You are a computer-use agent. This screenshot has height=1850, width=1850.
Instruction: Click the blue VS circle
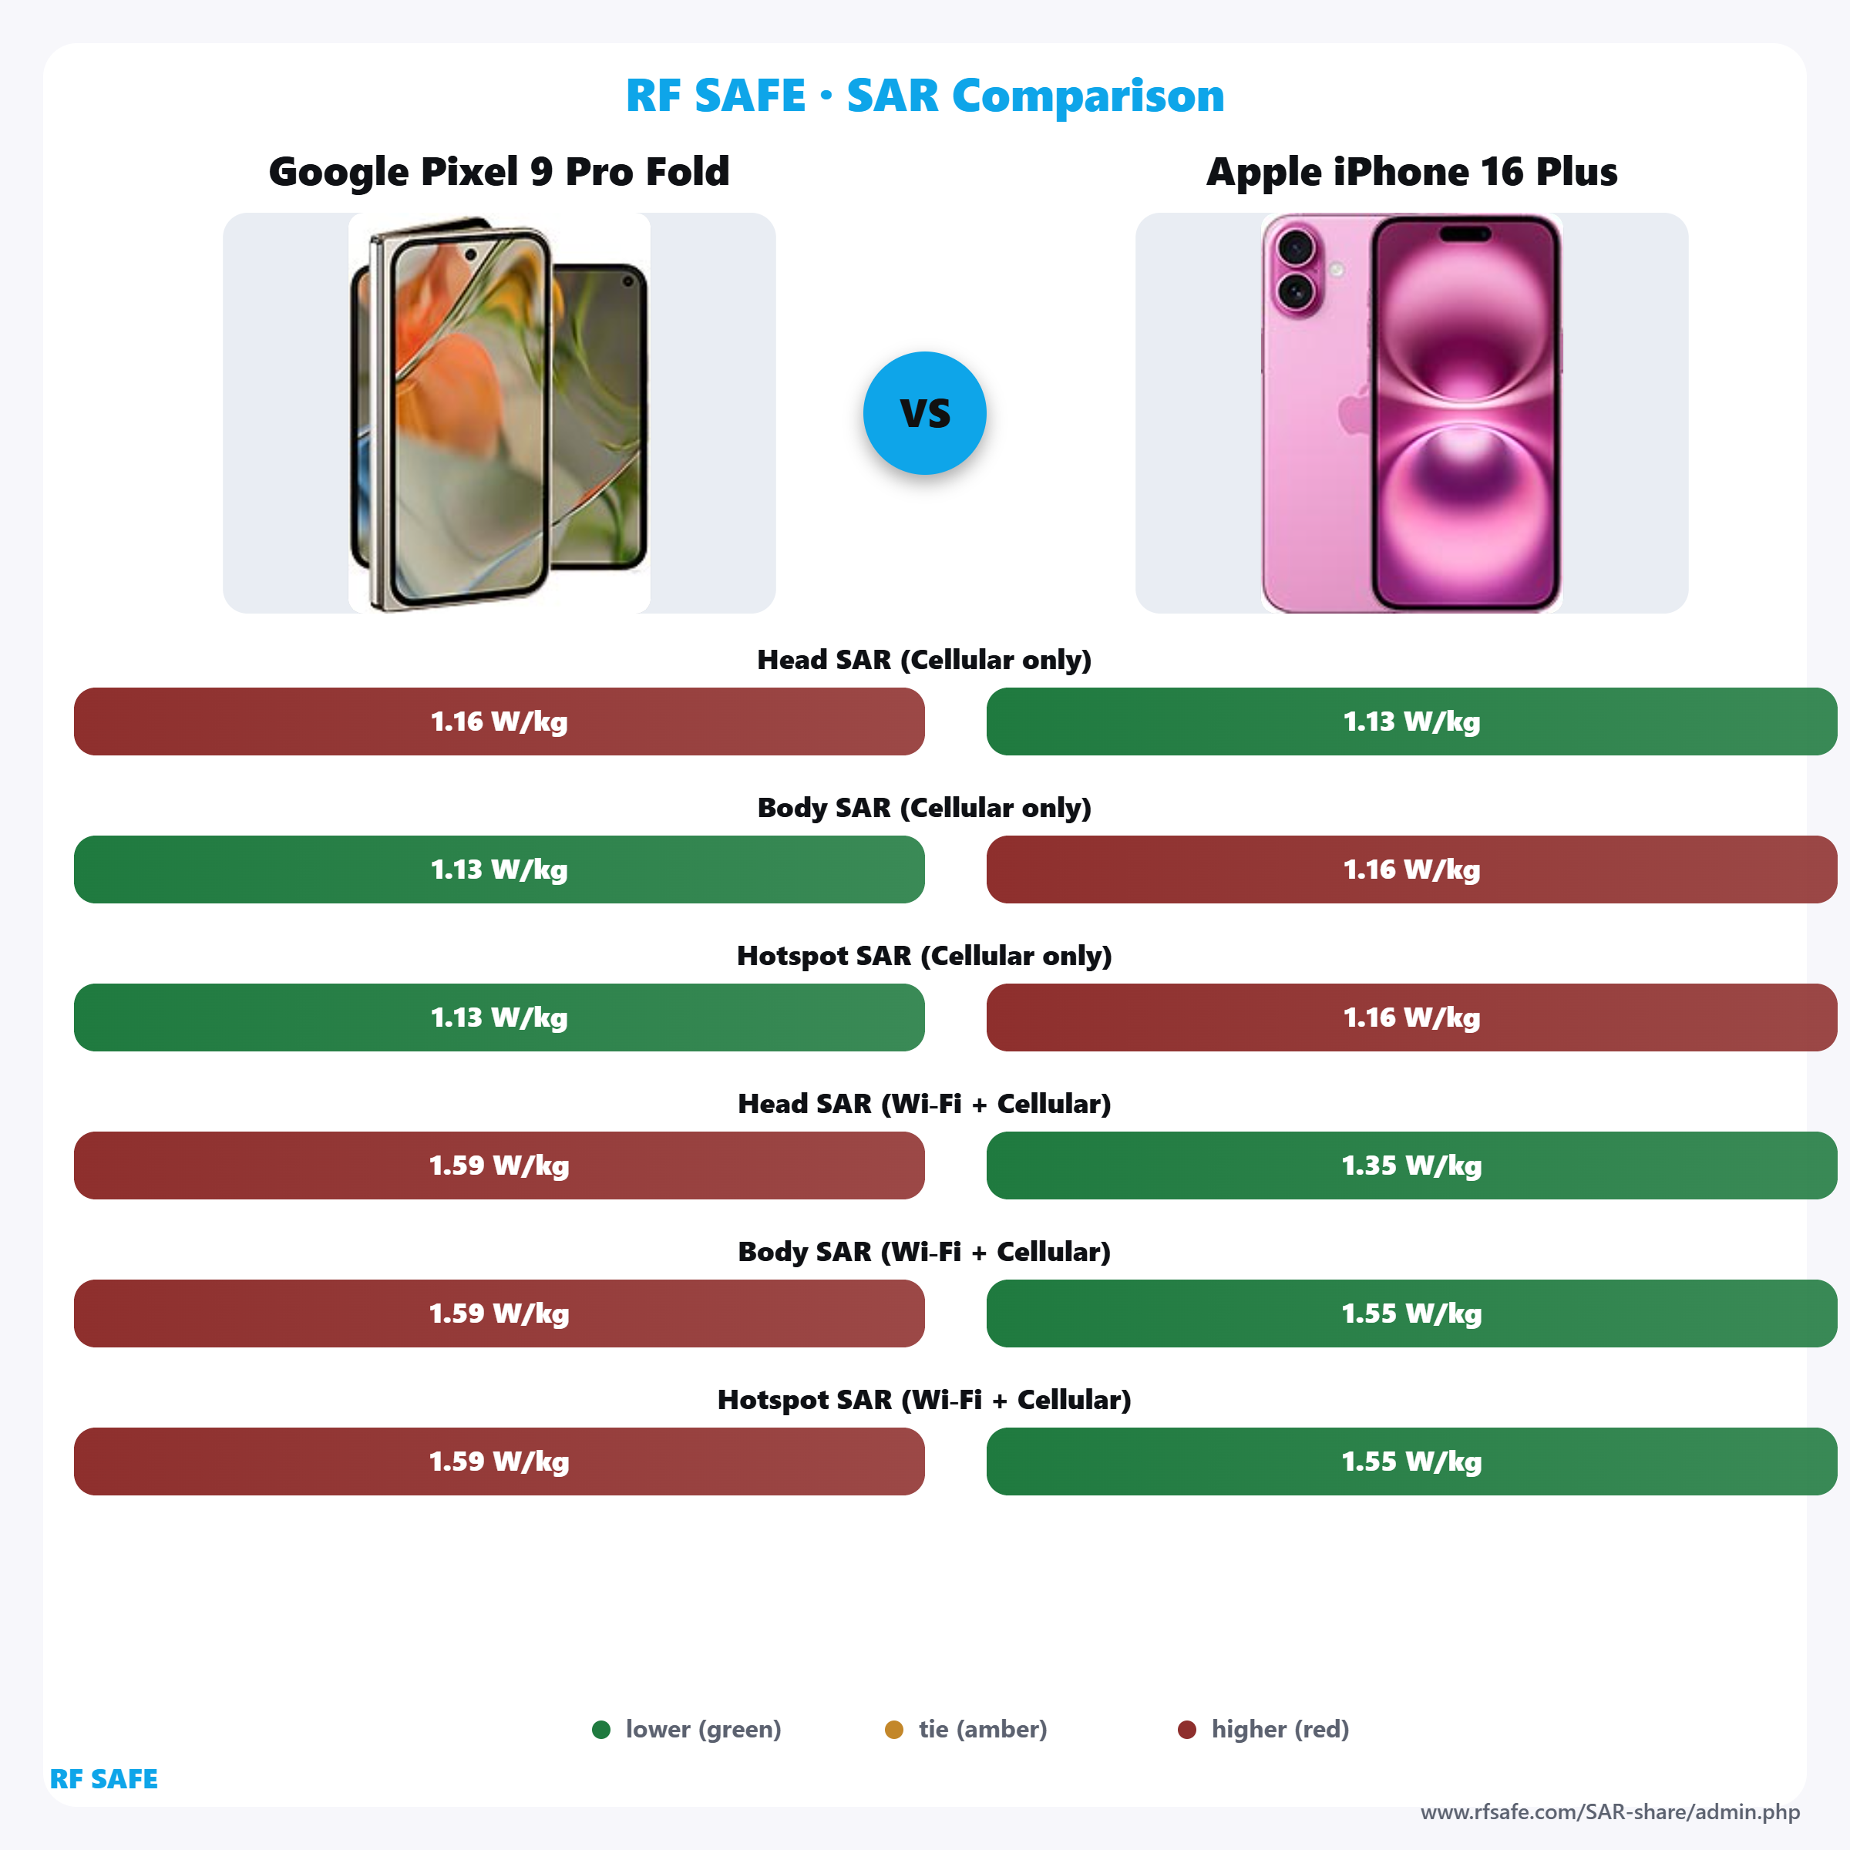(924, 412)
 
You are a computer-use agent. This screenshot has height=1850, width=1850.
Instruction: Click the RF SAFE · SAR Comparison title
(924, 96)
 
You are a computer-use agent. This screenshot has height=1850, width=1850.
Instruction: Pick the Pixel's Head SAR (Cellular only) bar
(499, 721)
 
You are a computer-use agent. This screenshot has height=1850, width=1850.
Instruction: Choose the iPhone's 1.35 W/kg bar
(1411, 1165)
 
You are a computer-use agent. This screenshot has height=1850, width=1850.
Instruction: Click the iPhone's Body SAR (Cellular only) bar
(1411, 869)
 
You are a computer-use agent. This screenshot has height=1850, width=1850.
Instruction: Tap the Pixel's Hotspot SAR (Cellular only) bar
(499, 1017)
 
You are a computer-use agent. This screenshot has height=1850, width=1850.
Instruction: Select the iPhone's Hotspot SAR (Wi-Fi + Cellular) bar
(1411, 1461)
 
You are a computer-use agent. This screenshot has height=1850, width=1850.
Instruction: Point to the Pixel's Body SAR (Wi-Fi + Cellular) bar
(499, 1313)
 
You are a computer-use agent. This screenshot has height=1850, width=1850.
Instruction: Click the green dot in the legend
(601, 1729)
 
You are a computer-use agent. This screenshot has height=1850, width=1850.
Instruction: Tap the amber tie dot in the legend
(893, 1729)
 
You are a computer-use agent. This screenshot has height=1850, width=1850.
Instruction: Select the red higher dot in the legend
(1186, 1729)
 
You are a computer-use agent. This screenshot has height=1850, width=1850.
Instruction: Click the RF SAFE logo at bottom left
(103, 1778)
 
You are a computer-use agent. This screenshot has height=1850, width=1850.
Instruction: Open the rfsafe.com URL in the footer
(1609, 1811)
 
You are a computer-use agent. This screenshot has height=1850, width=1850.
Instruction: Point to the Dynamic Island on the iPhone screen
(1465, 234)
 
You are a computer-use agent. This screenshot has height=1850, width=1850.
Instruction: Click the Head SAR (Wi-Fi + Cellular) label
(924, 1104)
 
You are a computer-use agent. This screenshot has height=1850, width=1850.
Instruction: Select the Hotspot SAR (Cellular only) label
(924, 956)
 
